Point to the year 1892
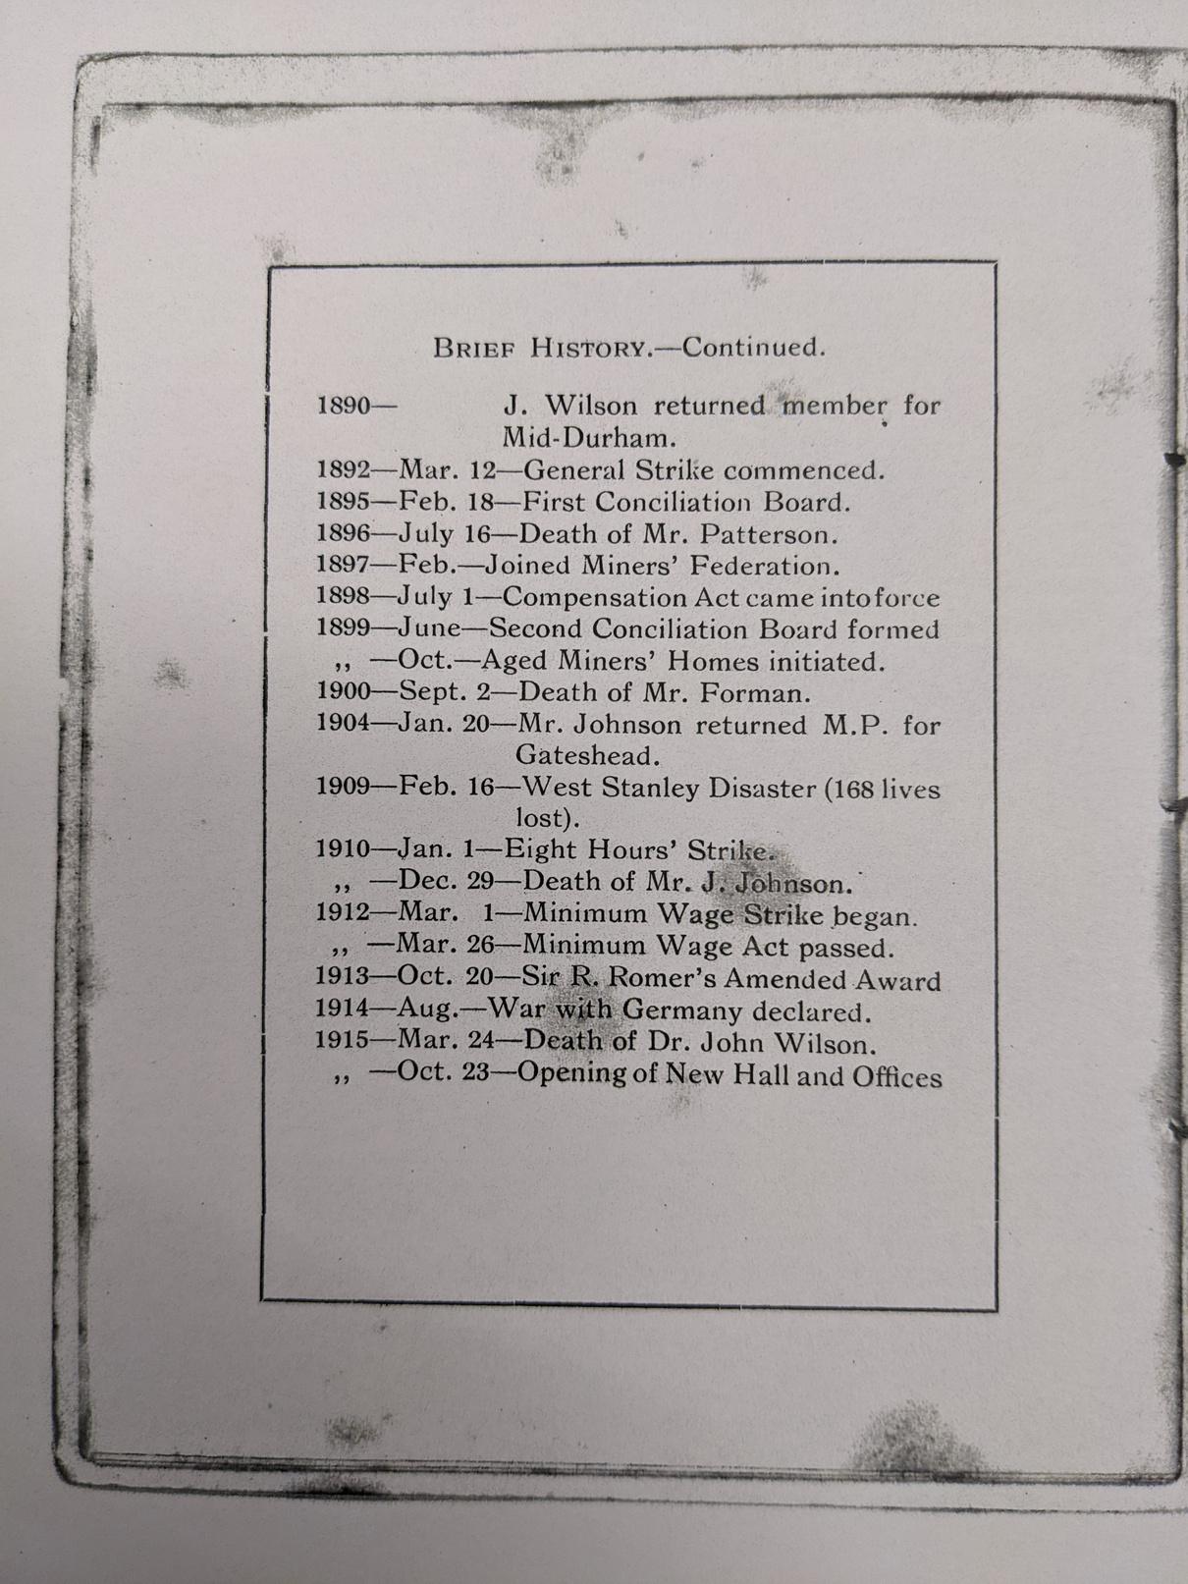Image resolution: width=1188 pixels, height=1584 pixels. pyautogui.click(x=341, y=469)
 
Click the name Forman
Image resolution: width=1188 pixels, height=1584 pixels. pyautogui.click(x=754, y=692)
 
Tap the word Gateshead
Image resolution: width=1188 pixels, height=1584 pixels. pyautogui.click(x=586, y=756)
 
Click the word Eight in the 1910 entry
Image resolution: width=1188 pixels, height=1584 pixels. pyautogui.click(x=554, y=849)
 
